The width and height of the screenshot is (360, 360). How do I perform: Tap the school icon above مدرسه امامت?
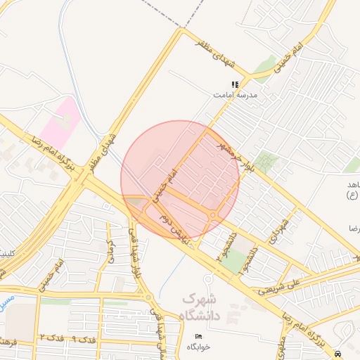235,84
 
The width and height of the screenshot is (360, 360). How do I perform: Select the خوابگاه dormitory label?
198,347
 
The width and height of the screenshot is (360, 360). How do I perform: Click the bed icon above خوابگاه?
198,337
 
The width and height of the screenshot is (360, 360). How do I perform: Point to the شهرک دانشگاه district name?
201,307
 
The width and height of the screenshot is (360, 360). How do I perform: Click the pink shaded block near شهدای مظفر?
60,122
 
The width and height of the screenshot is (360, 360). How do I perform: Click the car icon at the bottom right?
339,352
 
